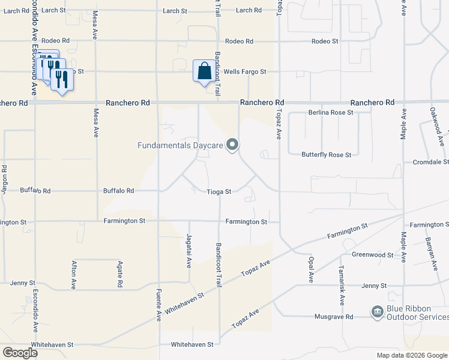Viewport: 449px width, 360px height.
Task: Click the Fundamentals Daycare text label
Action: [x=180, y=145]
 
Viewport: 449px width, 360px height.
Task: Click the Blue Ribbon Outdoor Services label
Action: [x=417, y=313]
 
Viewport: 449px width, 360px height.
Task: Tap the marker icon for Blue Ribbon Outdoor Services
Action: [x=377, y=311]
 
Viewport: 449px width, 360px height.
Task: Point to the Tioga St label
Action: [x=219, y=192]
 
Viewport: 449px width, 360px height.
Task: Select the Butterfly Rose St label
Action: [x=326, y=155]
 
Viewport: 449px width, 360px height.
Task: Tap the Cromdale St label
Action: [x=430, y=163]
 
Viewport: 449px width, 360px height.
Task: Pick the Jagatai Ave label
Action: [x=189, y=251]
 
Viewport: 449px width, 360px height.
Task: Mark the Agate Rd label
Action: [x=120, y=274]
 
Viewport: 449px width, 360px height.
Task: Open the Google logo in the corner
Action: [x=20, y=353]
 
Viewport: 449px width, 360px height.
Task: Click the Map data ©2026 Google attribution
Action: [x=411, y=355]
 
